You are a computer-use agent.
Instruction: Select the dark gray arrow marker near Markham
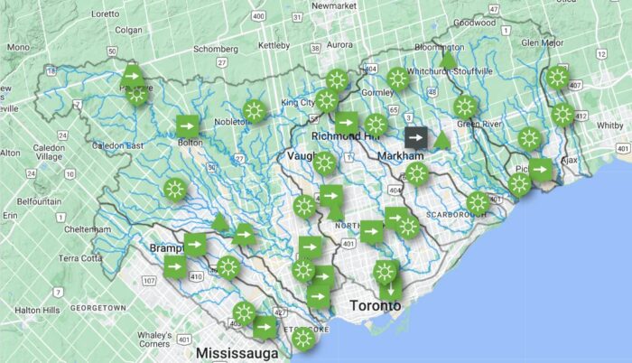[416, 137]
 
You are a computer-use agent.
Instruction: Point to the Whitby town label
[609, 126]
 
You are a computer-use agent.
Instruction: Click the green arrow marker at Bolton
[187, 125]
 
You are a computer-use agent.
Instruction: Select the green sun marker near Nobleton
[254, 111]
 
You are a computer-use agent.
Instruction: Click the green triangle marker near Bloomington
[447, 60]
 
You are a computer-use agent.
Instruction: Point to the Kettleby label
[273, 44]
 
